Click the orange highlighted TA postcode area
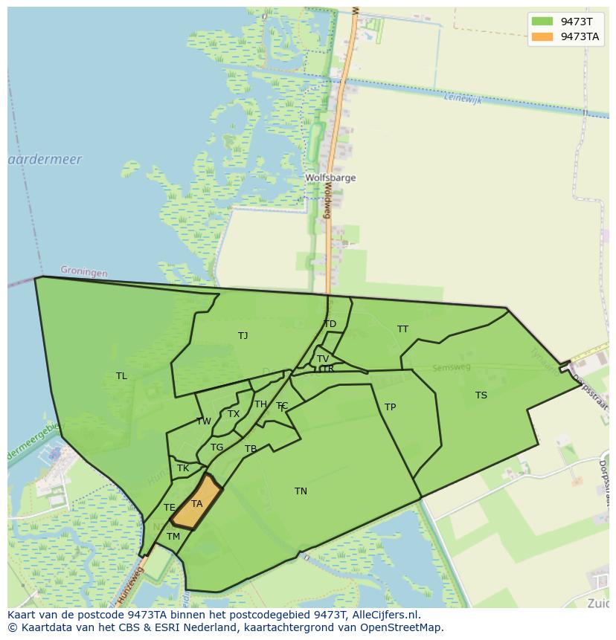point(197,503)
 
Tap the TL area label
point(121,376)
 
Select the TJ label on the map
point(243,336)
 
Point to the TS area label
point(481,395)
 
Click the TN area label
point(301,491)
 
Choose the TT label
point(402,329)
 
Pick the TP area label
point(390,407)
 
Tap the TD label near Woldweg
point(330,324)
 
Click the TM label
point(173,537)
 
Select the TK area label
point(183,469)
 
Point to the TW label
point(203,421)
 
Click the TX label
point(234,414)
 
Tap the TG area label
point(216,447)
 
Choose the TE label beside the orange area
point(170,508)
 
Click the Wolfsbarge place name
point(330,178)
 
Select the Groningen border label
point(83,272)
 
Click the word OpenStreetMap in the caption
point(402,627)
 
